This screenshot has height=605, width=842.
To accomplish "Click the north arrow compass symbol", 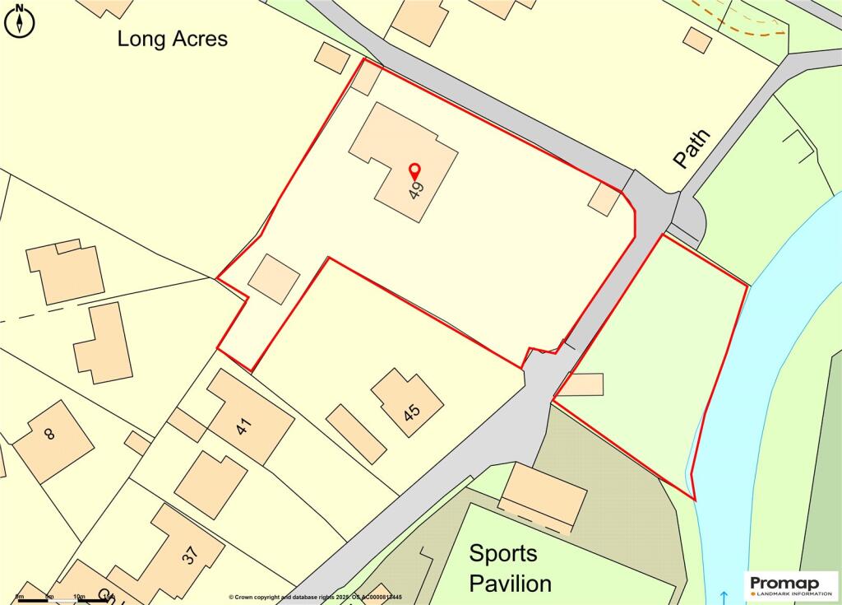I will [x=20, y=20].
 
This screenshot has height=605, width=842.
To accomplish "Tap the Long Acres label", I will [x=172, y=38].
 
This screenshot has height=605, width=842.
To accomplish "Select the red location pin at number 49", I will [x=415, y=171].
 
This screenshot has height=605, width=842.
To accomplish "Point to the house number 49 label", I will [x=417, y=191].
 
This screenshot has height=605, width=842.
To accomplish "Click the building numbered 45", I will [x=407, y=403].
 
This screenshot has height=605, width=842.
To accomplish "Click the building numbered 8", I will [x=53, y=440].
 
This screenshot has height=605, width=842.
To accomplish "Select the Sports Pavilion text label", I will [x=510, y=568].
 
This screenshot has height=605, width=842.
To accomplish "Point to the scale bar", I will [x=58, y=599].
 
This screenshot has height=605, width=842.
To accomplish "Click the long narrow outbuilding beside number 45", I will [x=356, y=433].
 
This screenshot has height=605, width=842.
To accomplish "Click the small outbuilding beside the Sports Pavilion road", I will [x=586, y=384].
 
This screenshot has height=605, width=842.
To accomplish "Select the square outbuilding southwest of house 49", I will [x=274, y=278].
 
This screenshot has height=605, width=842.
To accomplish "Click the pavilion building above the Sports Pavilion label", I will [x=544, y=496].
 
